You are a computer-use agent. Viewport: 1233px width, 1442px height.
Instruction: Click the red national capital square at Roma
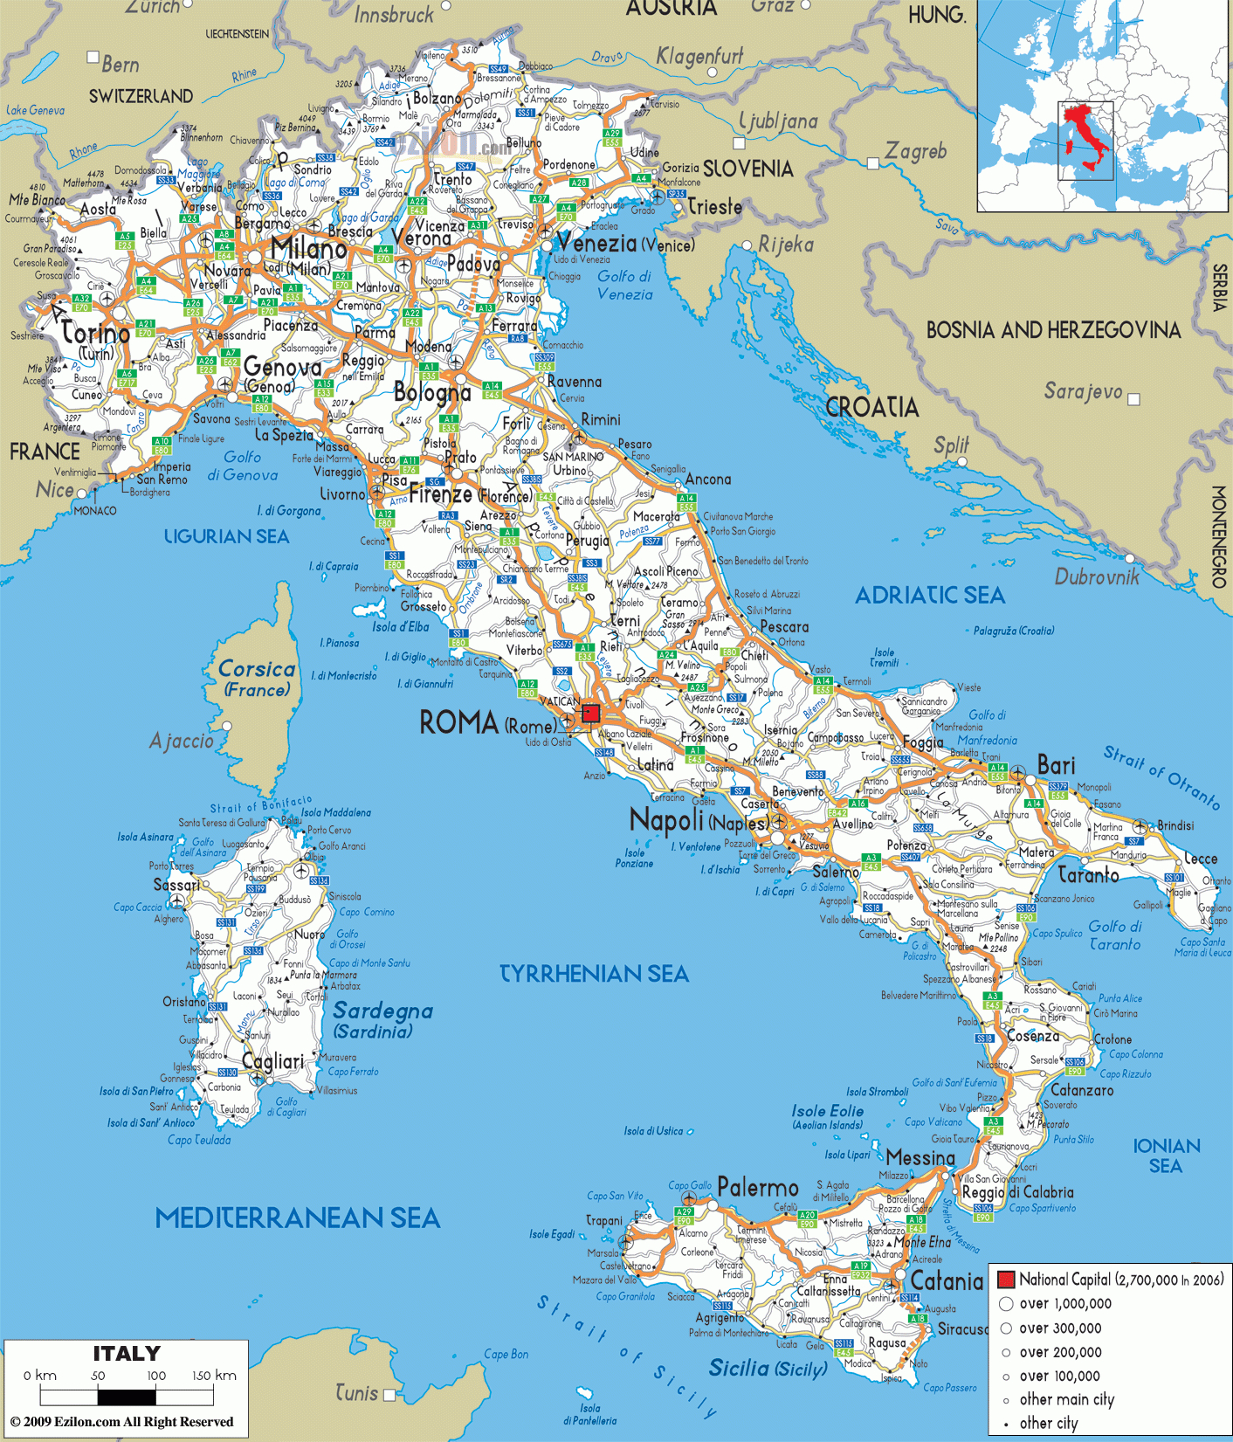tap(591, 714)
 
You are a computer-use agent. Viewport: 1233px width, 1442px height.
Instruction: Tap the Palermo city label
tap(758, 1188)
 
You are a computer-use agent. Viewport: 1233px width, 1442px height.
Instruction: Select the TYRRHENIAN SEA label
tap(594, 974)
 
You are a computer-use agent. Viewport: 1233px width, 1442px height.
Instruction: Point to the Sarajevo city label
tap(1083, 391)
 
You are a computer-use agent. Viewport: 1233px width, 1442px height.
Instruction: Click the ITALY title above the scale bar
tap(127, 1354)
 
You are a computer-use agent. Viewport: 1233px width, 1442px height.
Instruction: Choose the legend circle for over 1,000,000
tap(1006, 1304)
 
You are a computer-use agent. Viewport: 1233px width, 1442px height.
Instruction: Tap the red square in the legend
tap(1006, 1280)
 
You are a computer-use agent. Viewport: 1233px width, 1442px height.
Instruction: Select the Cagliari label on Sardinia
tap(272, 1061)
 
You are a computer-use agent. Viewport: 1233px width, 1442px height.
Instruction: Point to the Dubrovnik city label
tap(1097, 576)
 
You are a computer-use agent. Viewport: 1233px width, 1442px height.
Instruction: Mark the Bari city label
tap(1056, 765)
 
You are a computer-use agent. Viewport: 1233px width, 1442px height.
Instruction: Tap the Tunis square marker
tap(389, 1394)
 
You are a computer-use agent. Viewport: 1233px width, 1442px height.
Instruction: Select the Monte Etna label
tap(922, 1242)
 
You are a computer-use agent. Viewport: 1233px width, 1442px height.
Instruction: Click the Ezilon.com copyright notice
tap(122, 1422)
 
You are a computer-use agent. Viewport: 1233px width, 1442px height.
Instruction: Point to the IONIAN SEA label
tap(1166, 1155)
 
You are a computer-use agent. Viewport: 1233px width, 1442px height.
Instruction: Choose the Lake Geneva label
tap(35, 110)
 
